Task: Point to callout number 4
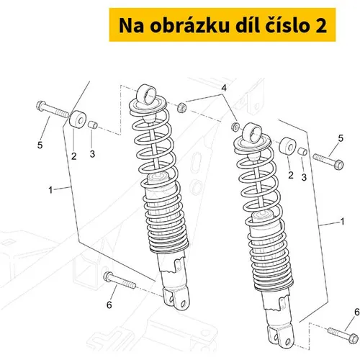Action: click(224, 88)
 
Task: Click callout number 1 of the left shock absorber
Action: click(50, 190)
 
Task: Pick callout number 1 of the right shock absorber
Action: click(343, 221)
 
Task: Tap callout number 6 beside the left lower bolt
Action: click(109, 305)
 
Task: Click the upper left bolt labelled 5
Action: click(53, 110)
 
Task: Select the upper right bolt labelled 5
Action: click(328, 161)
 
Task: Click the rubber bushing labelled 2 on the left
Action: click(77, 119)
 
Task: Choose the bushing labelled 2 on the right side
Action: click(288, 145)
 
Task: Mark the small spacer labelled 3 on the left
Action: click(92, 125)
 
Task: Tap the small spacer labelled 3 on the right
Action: click(302, 152)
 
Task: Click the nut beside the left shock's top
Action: click(181, 107)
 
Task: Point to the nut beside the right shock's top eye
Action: click(235, 127)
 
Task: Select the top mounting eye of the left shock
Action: click(146, 94)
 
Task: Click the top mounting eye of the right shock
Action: click(253, 132)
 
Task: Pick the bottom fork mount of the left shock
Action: click(176, 299)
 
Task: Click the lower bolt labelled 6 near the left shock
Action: click(120, 281)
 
